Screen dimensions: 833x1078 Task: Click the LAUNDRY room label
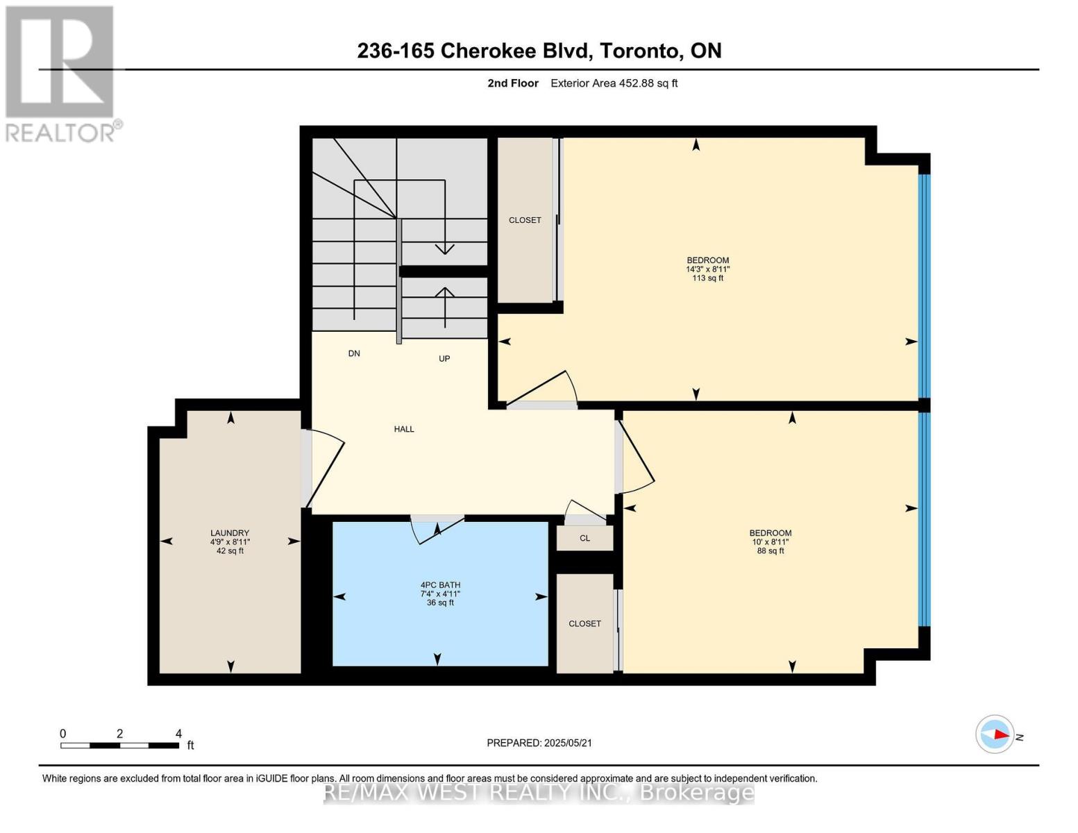pos(230,533)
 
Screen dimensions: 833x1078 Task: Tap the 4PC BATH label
pos(440,585)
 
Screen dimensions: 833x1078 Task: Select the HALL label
pos(404,429)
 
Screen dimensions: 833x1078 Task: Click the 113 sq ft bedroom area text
pos(707,278)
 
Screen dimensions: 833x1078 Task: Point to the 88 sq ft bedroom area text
pos(770,551)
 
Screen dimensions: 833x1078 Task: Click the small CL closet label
pos(584,539)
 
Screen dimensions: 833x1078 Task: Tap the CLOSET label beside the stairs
pos(525,220)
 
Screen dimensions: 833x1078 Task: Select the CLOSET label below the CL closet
pos(584,623)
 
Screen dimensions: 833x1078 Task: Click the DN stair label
pos(354,353)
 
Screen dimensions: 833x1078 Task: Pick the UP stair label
pos(444,359)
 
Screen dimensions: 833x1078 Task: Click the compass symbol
pos(995,734)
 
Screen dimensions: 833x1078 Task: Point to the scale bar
pos(119,746)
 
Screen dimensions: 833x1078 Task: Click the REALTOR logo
pos(61,74)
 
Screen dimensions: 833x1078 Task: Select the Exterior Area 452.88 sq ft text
pos(614,83)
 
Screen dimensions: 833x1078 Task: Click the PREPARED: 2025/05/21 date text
pos(539,743)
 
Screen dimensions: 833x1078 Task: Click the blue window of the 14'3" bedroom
pos(924,285)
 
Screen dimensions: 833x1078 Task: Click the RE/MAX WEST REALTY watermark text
pos(539,792)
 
